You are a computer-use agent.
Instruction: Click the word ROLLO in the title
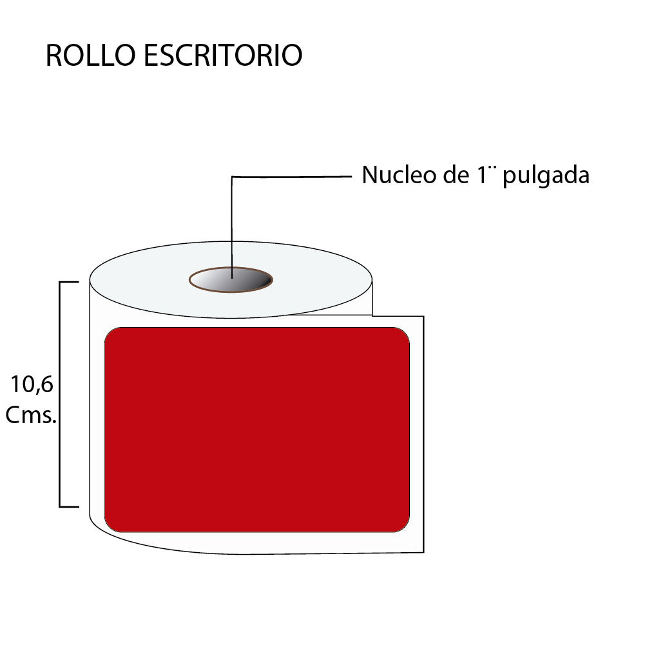90,55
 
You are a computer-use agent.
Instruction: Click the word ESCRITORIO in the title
223,55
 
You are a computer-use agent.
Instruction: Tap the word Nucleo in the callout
399,175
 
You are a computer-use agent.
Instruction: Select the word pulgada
546,176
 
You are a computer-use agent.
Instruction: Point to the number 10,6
32,384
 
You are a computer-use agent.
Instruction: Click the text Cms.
30,415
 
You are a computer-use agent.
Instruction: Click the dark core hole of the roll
231,280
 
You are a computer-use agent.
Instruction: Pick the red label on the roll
257,430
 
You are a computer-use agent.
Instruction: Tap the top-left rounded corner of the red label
110,332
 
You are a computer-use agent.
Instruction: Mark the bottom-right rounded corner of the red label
405,527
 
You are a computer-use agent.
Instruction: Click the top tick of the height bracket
69,282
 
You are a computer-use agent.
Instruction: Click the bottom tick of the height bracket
69,506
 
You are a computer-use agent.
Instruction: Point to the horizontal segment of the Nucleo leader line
292,177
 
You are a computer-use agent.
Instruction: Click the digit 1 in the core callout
482,175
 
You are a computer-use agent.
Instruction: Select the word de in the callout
456,175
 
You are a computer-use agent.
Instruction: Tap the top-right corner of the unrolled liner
424,317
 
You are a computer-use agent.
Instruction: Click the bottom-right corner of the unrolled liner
424,552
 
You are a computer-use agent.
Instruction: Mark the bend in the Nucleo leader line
232,177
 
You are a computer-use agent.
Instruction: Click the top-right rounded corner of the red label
405,332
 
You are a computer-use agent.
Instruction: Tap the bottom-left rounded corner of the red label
110,527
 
